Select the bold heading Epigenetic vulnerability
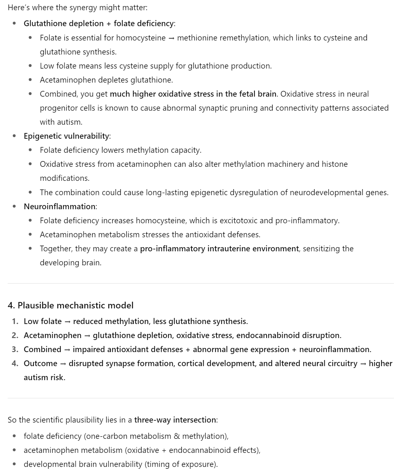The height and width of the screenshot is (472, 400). click(x=66, y=136)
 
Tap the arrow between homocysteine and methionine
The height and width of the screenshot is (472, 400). click(x=171, y=38)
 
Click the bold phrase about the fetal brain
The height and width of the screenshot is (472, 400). click(x=193, y=94)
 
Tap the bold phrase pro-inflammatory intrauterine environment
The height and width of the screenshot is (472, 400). click(x=219, y=249)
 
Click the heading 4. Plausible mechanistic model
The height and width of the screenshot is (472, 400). click(x=71, y=306)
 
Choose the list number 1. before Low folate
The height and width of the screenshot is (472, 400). click(x=15, y=321)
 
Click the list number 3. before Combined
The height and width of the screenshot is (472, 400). click(x=15, y=350)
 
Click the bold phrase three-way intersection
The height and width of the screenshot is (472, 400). click(x=175, y=420)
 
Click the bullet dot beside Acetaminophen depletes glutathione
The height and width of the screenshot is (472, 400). click(x=30, y=80)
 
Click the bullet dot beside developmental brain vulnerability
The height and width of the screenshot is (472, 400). click(x=14, y=464)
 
